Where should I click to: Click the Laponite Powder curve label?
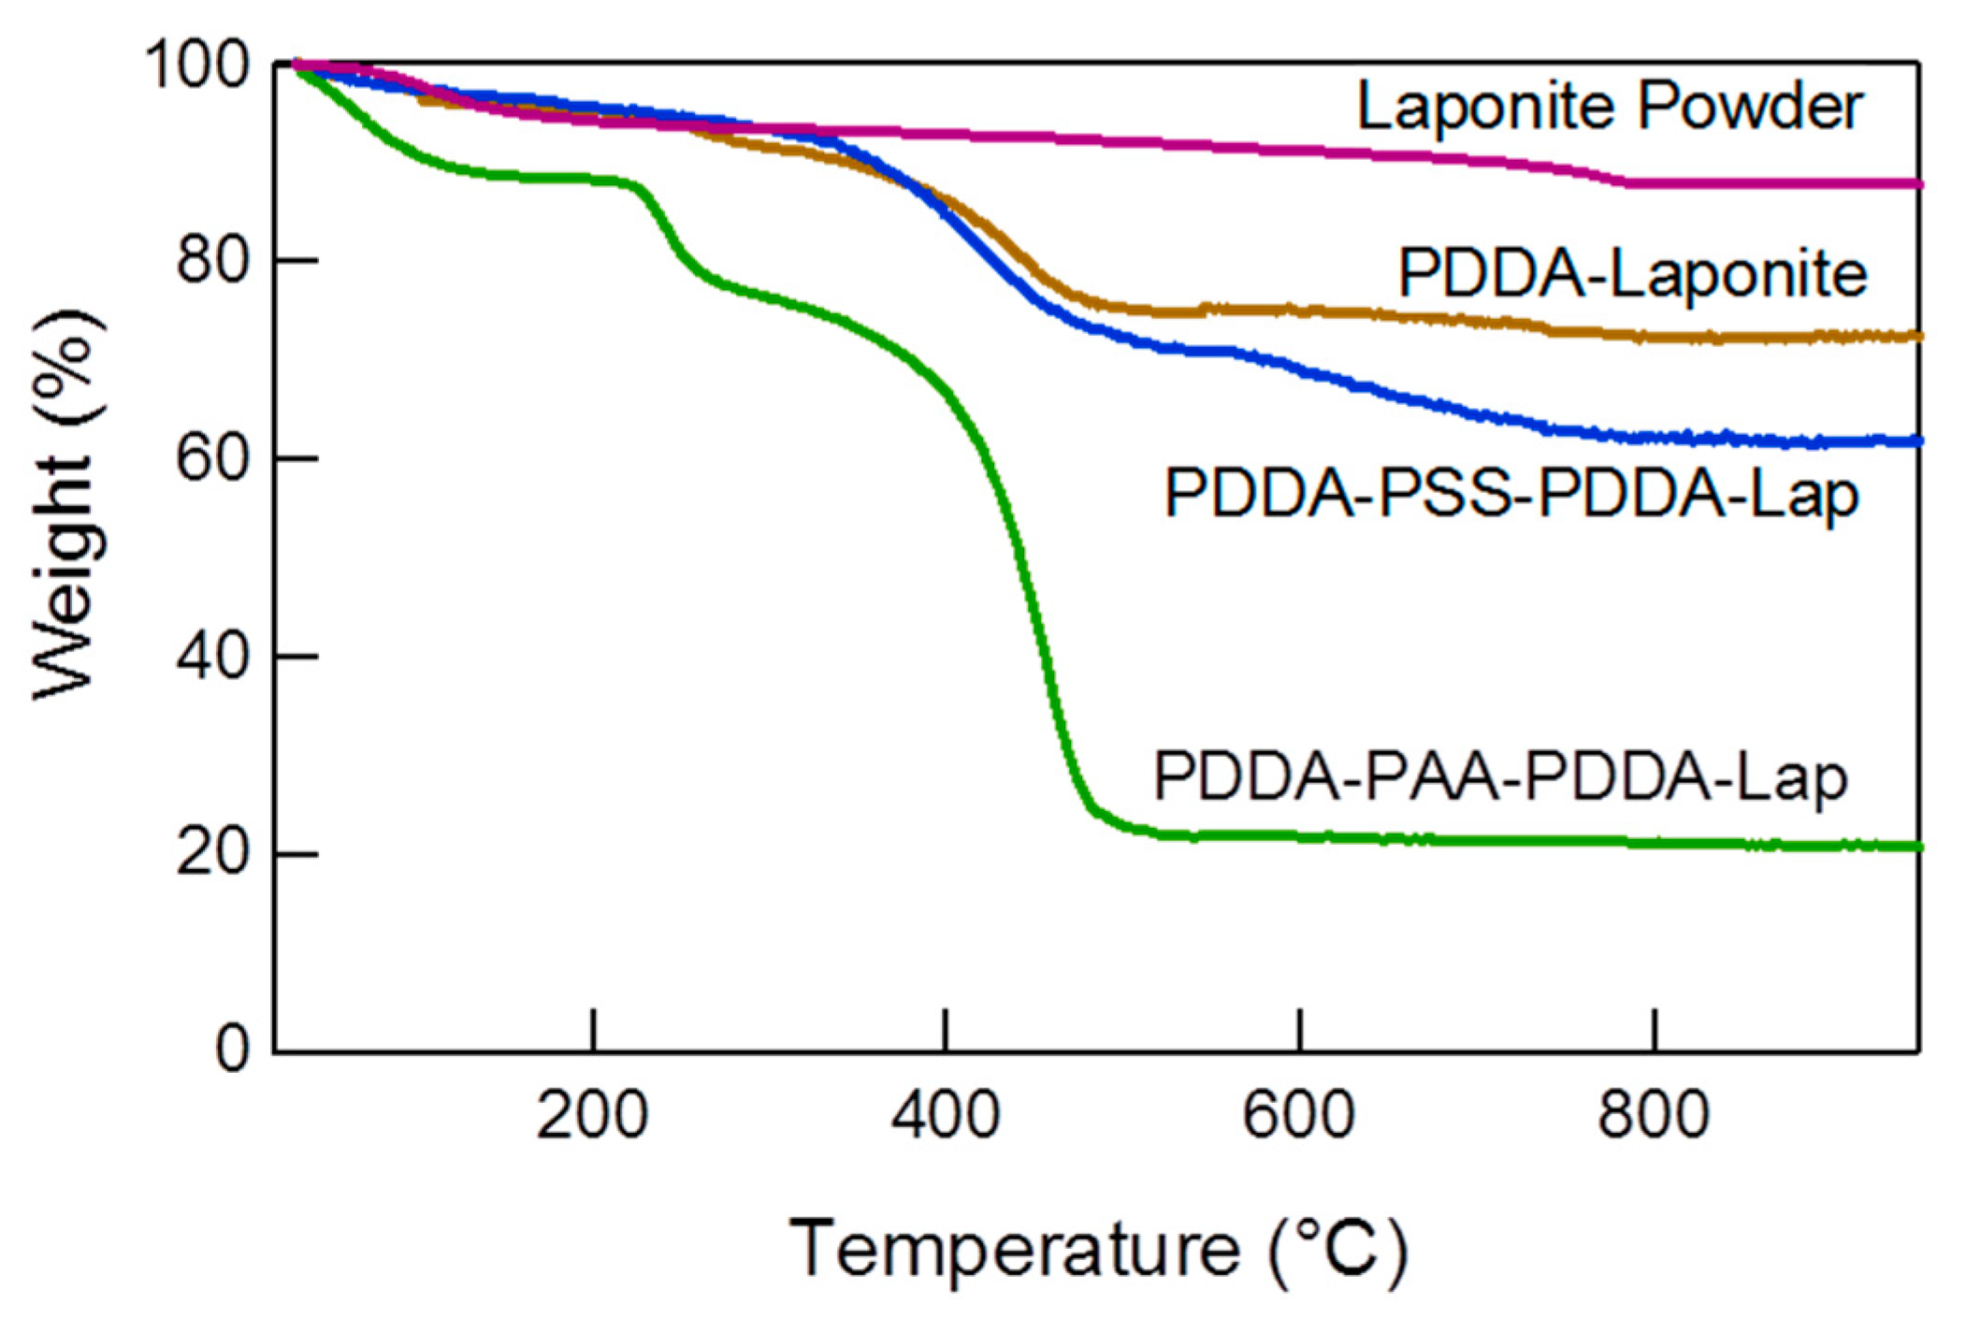click(1609, 107)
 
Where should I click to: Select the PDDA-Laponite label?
click(1632, 274)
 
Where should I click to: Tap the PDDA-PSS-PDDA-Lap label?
click(1511, 494)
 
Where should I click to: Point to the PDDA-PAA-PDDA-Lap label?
click(1500, 777)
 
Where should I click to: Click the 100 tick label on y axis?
click(197, 65)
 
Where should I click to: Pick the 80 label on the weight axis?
click(213, 261)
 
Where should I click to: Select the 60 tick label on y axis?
click(213, 459)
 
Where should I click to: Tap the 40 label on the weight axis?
click(213, 657)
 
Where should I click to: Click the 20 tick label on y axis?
click(213, 854)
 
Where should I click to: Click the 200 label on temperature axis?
click(592, 1116)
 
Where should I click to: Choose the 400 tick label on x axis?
click(946, 1116)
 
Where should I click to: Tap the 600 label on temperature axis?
click(1299, 1116)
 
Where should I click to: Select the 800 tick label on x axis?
click(1654, 1116)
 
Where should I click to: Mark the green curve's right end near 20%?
click(1915, 847)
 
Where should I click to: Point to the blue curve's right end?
click(1915, 441)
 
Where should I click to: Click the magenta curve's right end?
click(1915, 184)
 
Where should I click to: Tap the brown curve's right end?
click(1915, 336)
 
